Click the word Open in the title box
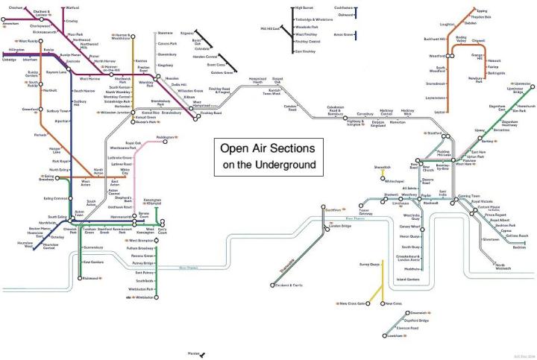tap(234, 148)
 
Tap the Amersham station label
tap(10, 25)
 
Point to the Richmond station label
tap(91, 278)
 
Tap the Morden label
tap(194, 353)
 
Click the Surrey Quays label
tap(370, 264)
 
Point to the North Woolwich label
tap(504, 268)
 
